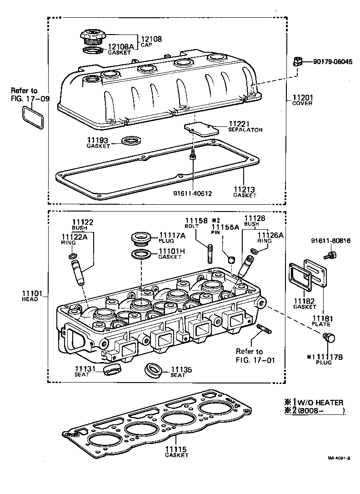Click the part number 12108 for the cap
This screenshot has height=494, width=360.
152,39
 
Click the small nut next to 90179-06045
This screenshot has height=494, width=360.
298,61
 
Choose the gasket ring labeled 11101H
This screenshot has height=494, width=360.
142,253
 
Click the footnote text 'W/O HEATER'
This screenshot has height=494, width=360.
318,402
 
